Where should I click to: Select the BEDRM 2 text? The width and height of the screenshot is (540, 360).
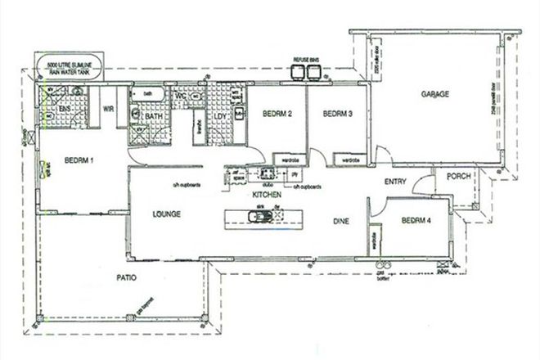(278, 115)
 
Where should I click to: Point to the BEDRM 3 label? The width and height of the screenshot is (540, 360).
(337, 115)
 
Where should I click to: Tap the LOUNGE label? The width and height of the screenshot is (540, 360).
(166, 214)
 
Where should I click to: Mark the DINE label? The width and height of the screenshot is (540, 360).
(341, 221)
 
